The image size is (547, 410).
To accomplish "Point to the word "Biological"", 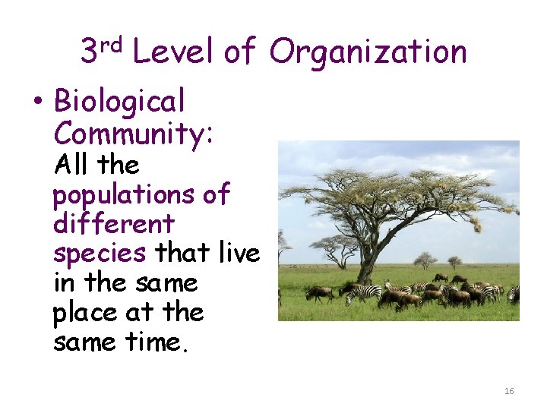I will pyautogui.click(x=119, y=100).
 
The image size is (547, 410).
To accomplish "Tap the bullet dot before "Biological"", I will pyautogui.click(x=37, y=102).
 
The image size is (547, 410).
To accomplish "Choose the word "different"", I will pyautogui.click(x=113, y=224).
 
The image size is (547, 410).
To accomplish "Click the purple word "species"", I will pyautogui.click(x=99, y=254).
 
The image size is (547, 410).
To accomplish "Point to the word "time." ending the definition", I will pyautogui.click(x=160, y=342).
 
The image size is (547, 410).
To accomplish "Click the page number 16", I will pyautogui.click(x=509, y=391).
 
